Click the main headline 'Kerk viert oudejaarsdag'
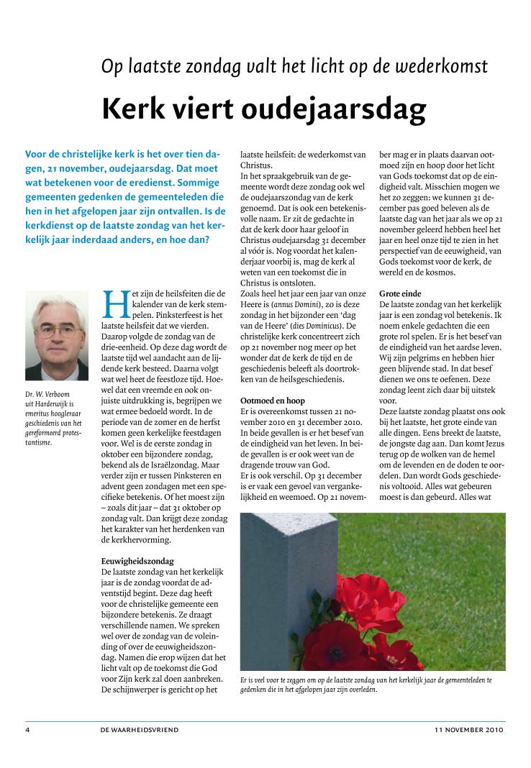pos(264,109)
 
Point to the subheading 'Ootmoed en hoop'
pos(273,400)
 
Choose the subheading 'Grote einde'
pos(400,294)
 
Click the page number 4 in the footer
pos(27,730)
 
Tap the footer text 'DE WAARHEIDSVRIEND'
pos(140,730)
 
